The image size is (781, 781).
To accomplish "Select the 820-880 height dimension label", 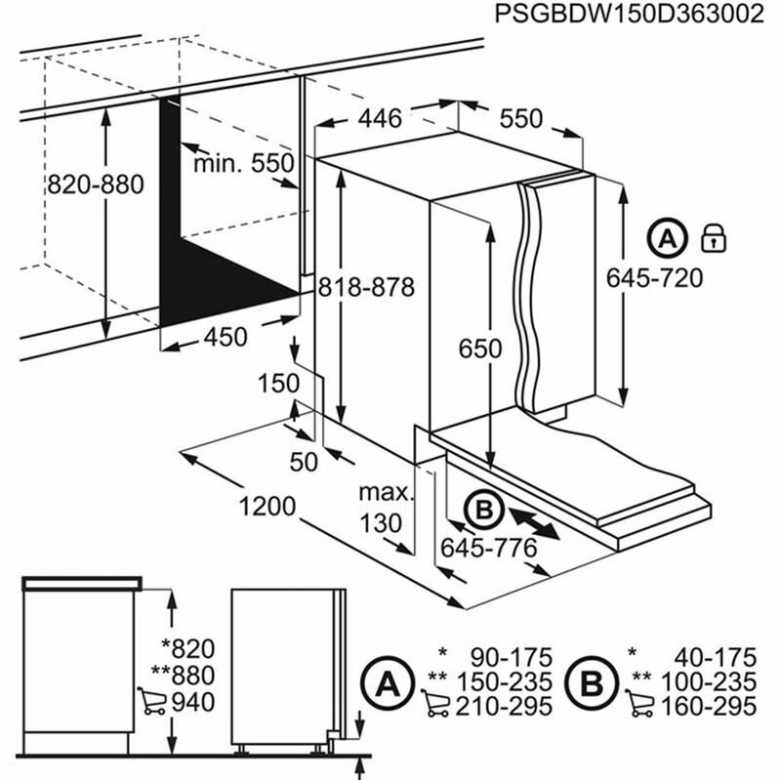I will (x=95, y=184).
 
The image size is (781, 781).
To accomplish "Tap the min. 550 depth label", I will (x=243, y=163).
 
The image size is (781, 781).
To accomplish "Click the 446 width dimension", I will (x=379, y=119).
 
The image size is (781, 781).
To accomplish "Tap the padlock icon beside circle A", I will (x=715, y=236).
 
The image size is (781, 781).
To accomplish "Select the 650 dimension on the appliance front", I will (x=481, y=349).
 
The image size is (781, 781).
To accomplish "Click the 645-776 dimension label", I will (x=488, y=548).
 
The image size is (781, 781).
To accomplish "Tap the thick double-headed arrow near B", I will (x=533, y=521).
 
